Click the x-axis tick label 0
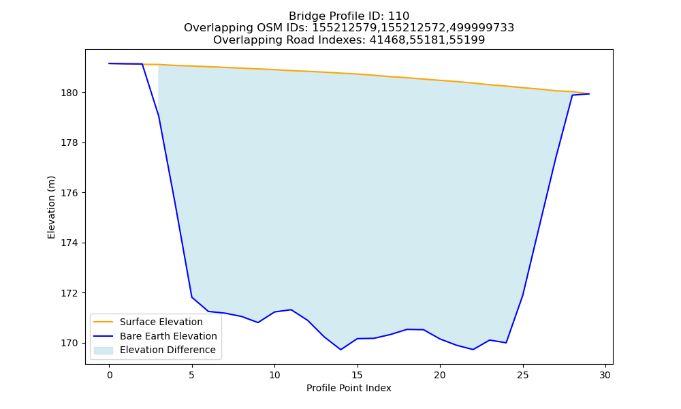coord(110,375)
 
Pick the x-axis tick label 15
coord(357,375)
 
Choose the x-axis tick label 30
coord(605,375)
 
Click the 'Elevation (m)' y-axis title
coord(51,207)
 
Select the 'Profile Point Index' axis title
coord(349,388)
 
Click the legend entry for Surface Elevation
coord(161,322)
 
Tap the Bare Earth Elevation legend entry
coord(168,336)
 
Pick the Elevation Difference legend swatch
coord(104,350)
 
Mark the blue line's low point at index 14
coord(340,350)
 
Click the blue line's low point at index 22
coord(473,350)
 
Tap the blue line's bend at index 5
coord(191,297)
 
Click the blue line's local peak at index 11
coord(291,309)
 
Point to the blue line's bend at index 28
coord(572,95)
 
